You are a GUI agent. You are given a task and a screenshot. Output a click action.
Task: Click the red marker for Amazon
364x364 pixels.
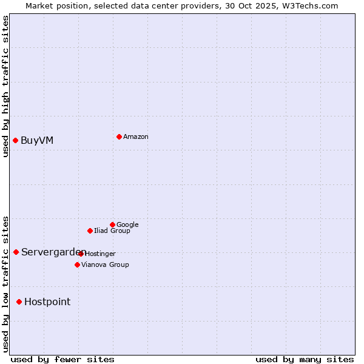119,136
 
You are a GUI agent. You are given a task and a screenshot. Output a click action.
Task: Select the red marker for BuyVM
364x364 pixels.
15,141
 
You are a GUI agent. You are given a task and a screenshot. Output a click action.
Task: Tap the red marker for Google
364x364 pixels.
112,224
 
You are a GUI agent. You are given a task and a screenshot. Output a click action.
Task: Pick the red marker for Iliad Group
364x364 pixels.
90,231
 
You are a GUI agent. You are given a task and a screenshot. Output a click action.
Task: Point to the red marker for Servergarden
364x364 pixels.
16,252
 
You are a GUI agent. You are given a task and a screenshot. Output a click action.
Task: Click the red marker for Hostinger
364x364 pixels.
81,254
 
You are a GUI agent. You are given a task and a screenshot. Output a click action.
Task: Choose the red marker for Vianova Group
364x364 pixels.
77,265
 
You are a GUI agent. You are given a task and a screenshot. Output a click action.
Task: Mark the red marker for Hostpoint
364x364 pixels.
19,302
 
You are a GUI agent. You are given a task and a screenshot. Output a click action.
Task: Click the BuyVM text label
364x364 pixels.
37,141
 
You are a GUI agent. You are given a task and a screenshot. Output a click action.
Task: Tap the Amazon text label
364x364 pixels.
136,137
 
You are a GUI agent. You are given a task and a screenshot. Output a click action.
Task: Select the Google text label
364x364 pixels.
127,225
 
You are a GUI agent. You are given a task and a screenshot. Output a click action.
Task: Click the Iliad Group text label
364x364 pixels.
112,231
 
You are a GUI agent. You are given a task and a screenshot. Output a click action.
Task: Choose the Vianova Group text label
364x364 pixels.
105,265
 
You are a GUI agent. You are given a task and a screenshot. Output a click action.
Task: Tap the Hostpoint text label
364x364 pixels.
47,302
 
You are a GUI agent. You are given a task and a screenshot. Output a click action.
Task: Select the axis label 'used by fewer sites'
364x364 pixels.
62,359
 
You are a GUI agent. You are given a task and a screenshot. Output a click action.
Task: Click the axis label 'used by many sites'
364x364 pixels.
305,359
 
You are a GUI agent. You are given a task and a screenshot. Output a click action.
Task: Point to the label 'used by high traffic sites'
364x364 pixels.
6,86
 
